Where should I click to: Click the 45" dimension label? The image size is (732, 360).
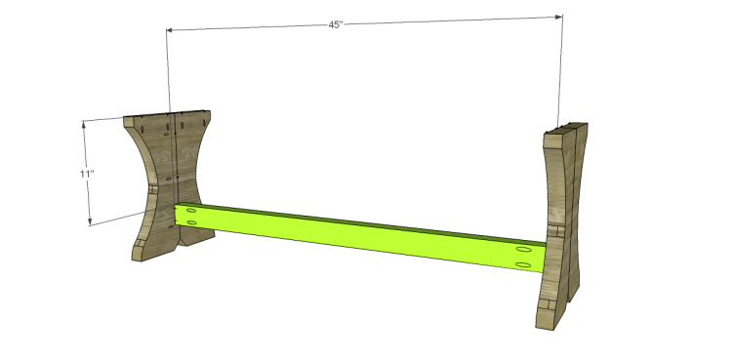[x=335, y=24]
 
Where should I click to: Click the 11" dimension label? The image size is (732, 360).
[x=87, y=174]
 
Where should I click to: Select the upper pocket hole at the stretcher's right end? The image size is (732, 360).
[x=524, y=251]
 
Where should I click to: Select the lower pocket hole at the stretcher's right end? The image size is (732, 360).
[x=524, y=264]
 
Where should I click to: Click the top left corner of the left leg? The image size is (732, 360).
[x=125, y=120]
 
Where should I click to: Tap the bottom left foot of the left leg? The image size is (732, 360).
[x=138, y=256]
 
